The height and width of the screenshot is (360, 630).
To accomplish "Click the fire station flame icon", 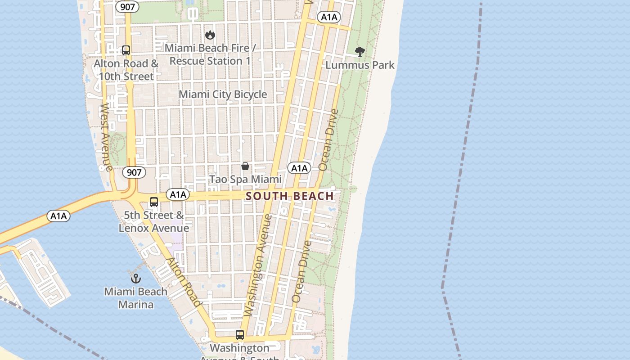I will (210, 35).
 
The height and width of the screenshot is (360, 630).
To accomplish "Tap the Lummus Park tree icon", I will (360, 52).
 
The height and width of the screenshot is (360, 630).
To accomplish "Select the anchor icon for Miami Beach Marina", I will (135, 279).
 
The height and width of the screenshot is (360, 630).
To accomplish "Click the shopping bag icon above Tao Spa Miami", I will (245, 166).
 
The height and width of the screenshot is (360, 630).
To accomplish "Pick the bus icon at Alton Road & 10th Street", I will (126, 50).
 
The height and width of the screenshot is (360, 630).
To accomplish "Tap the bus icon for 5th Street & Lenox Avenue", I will (154, 202).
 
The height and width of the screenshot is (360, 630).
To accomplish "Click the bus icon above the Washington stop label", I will (240, 335).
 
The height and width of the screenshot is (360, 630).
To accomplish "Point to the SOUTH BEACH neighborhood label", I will (290, 196).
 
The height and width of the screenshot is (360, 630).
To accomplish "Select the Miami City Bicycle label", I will (223, 94).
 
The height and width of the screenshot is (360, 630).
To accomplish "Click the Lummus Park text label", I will (360, 65).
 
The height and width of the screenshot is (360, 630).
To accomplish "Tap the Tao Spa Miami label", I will (245, 180).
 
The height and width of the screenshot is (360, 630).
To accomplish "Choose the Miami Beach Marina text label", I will (135, 298).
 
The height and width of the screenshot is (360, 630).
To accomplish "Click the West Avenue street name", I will (106, 137).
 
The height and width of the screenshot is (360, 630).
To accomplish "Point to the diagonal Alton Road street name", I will (184, 282).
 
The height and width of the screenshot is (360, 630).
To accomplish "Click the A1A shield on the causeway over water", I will (58, 216).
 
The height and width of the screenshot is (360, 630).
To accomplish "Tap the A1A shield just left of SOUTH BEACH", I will (178, 194).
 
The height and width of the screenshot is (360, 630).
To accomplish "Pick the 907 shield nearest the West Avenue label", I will (134, 172).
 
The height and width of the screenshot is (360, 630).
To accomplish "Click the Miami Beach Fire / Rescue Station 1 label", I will (210, 54).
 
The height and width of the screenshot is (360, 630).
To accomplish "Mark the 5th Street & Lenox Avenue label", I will (154, 221).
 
